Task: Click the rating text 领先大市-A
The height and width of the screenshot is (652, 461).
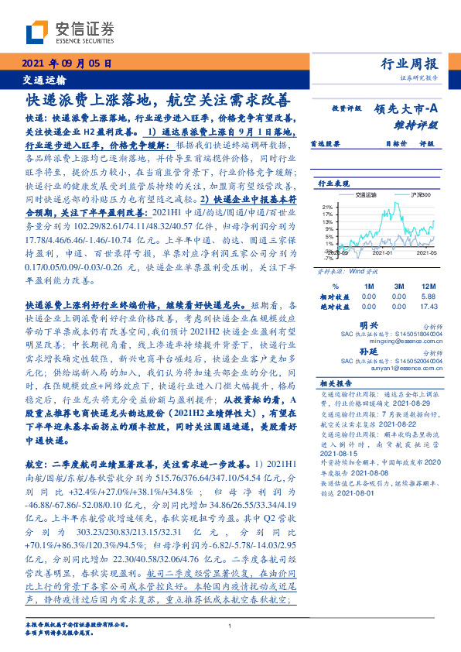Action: (x=408, y=110)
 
